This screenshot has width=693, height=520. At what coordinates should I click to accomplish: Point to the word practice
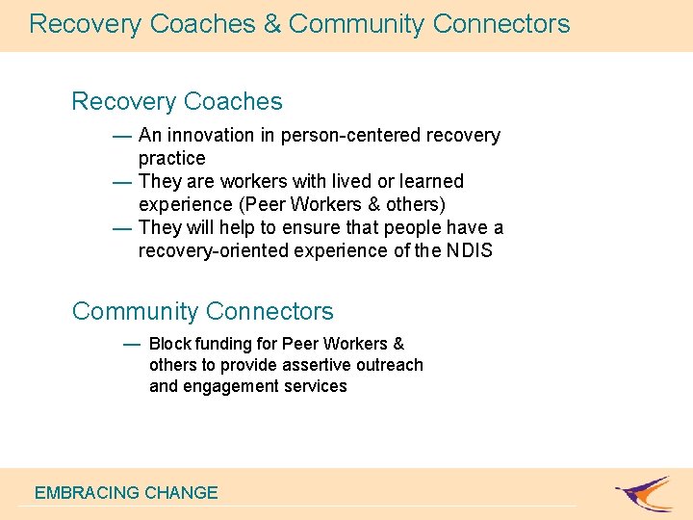tap(171, 158)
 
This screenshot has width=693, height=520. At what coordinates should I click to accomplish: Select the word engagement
tap(231, 386)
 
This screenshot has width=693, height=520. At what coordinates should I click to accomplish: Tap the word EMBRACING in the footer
tap(87, 493)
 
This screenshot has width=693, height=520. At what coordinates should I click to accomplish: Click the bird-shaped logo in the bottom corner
tap(645, 492)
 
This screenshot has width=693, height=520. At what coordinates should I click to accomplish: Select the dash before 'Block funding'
tap(132, 344)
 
